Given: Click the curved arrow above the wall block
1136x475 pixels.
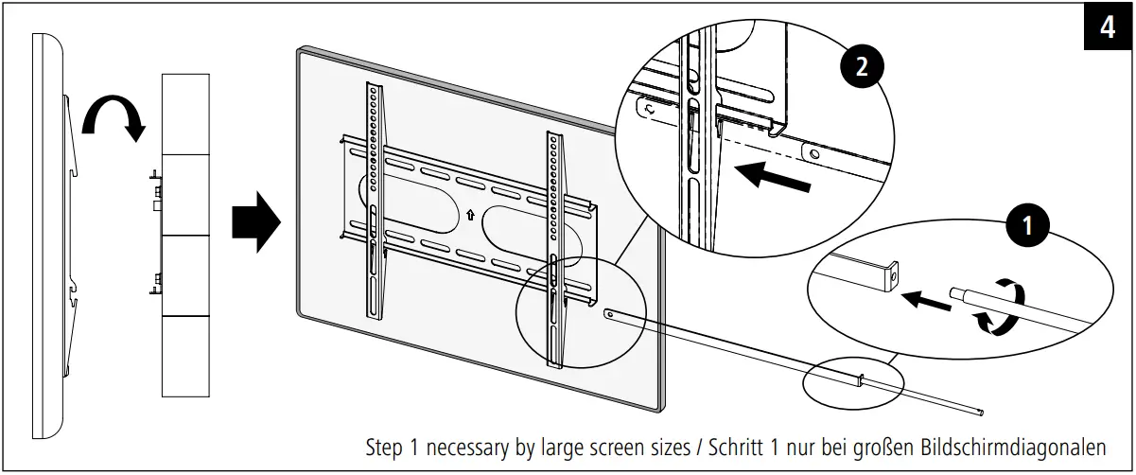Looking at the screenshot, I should [x=113, y=117].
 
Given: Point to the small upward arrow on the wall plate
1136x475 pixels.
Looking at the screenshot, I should [x=470, y=215].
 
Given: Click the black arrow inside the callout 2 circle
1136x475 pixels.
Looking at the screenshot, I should [x=773, y=176].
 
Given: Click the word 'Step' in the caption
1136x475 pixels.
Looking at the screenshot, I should [x=385, y=447].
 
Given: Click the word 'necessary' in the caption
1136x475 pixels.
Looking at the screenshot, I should [x=465, y=447].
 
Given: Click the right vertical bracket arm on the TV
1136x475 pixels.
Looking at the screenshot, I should [x=553, y=246].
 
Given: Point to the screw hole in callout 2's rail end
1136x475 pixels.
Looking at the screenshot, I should [x=813, y=151].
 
